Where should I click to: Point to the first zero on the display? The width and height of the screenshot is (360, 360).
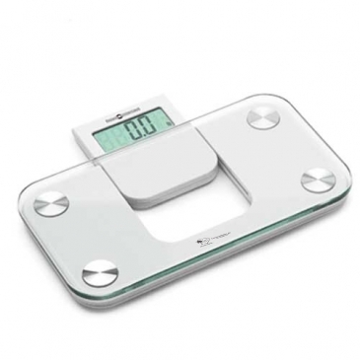click(x=142, y=127)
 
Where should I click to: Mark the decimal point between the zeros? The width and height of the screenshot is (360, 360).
click(x=150, y=133)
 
